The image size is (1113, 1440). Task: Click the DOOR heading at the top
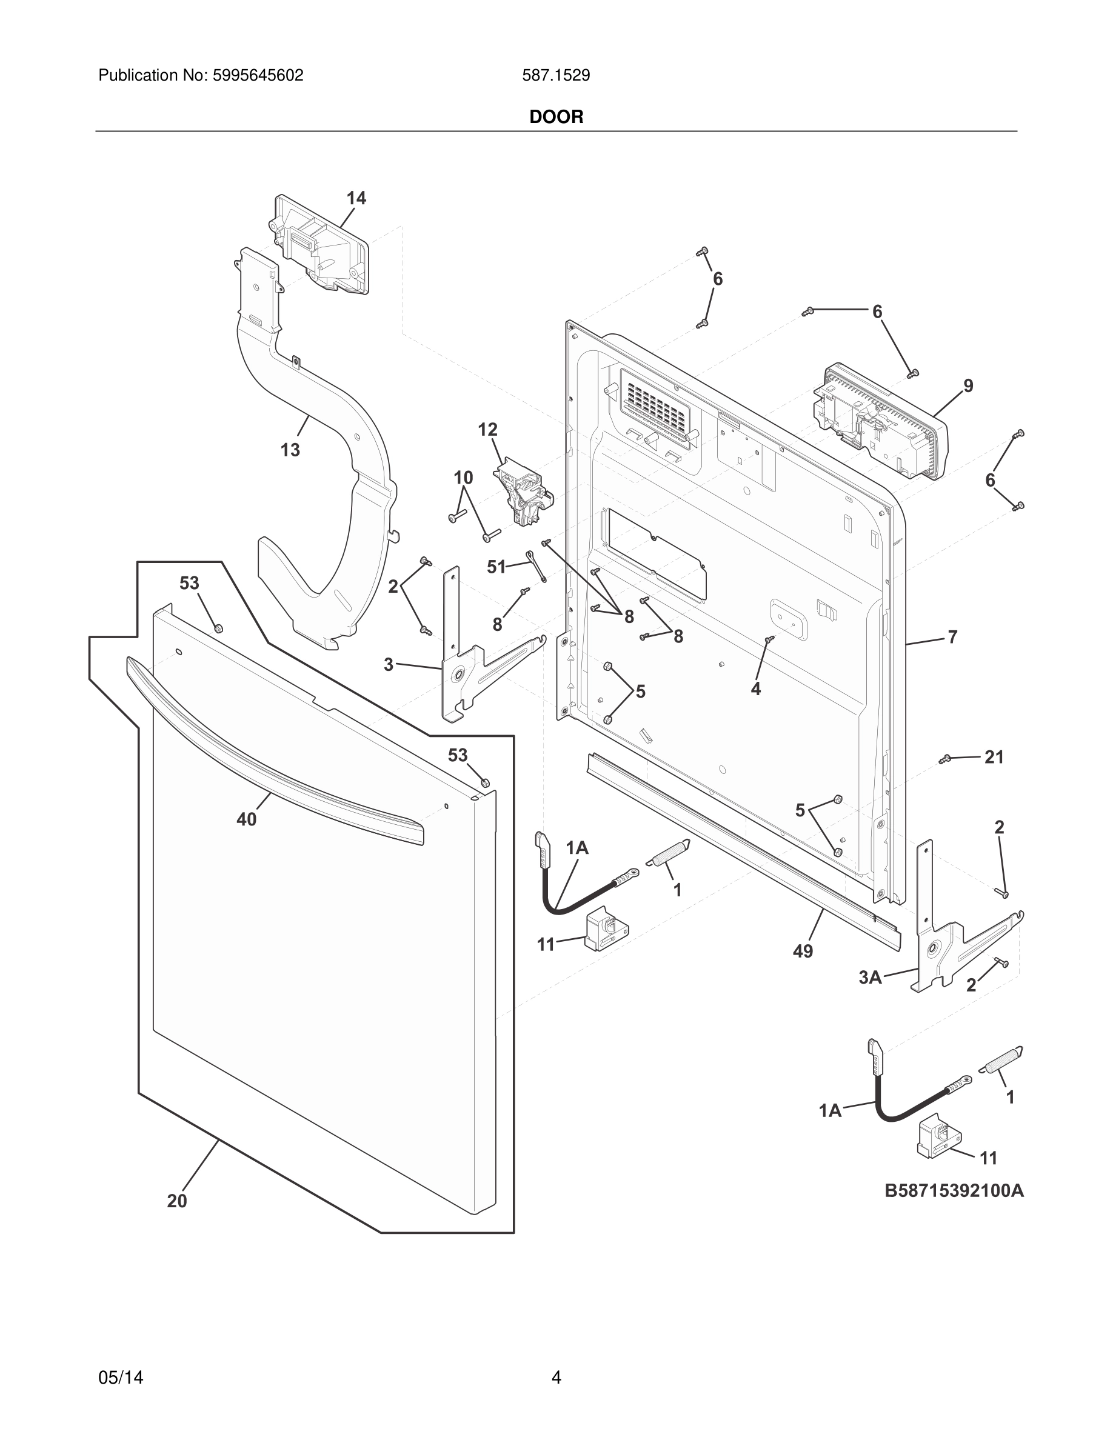[556, 118]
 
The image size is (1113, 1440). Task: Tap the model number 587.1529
[556, 76]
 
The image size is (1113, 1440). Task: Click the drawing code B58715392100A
[954, 1191]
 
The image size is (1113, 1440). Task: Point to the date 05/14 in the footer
[121, 1378]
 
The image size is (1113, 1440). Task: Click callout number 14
[356, 198]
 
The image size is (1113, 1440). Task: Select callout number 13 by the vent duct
[290, 450]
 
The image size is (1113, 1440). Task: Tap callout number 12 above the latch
[487, 430]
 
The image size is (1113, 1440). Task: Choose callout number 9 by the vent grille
[968, 385]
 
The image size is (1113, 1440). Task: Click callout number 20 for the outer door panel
[176, 1201]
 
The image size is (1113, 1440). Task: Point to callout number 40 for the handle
[247, 819]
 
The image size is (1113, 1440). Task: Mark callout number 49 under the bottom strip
[803, 951]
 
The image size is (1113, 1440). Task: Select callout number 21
[994, 758]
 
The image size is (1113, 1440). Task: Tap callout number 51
[496, 567]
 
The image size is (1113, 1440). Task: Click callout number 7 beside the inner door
[952, 637]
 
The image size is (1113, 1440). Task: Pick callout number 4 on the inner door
[755, 688]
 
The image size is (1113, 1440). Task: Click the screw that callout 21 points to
[945, 759]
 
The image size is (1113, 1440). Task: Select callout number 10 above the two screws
[464, 477]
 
